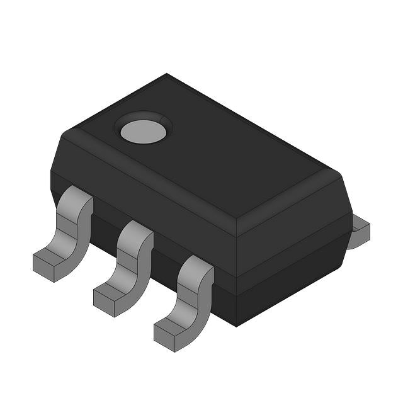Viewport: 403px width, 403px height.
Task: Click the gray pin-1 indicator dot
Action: (x=144, y=131)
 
